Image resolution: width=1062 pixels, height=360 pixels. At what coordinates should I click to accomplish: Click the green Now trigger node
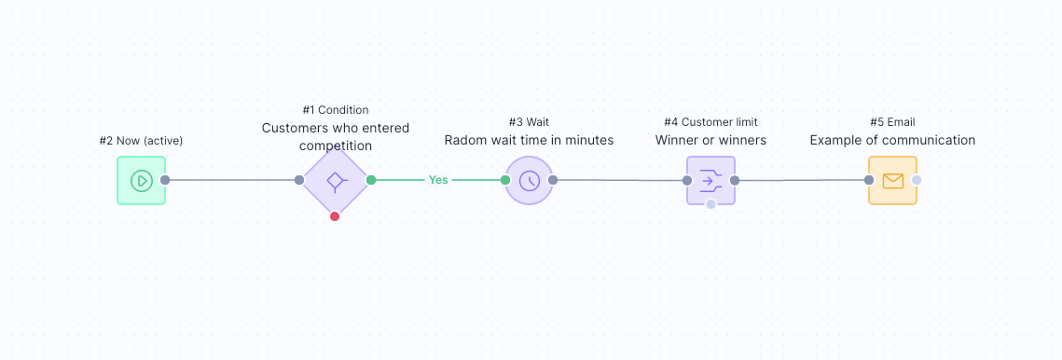tap(141, 180)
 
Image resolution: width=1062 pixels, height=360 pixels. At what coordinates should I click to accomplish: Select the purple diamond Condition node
tap(335, 180)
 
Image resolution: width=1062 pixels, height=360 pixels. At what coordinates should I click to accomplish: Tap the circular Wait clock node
tap(529, 180)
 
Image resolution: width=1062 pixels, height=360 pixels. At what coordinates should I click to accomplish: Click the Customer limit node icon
tap(710, 180)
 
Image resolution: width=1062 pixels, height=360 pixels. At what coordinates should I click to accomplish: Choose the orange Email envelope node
tap(892, 180)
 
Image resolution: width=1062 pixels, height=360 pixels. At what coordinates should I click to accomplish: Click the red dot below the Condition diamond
tap(335, 216)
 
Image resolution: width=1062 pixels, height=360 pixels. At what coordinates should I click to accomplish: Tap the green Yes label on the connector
tap(437, 180)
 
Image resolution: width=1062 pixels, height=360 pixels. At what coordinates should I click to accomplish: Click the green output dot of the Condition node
tap(371, 180)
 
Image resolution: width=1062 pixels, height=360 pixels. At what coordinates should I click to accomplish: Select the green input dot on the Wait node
tap(505, 180)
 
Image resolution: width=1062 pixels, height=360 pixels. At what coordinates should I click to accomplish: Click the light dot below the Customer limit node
tap(710, 204)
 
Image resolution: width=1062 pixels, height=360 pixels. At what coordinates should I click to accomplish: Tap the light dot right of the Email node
tap(917, 180)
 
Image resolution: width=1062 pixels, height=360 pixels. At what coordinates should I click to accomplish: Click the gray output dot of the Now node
tap(165, 180)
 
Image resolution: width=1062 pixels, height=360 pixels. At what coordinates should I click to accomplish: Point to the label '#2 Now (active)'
tap(141, 141)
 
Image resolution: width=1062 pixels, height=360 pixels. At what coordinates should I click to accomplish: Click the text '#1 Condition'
tap(335, 110)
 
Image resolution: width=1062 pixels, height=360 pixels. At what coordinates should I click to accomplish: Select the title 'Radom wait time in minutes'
tap(529, 141)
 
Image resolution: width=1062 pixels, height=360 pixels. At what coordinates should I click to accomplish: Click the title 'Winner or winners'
tap(710, 141)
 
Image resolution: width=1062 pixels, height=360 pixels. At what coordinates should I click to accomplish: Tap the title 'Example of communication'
tap(892, 141)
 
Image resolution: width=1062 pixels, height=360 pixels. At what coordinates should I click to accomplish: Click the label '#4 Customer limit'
tap(710, 122)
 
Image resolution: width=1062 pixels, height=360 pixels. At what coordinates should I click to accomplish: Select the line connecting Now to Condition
tap(233, 180)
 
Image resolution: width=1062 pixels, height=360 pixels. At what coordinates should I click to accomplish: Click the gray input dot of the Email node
tap(869, 180)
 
